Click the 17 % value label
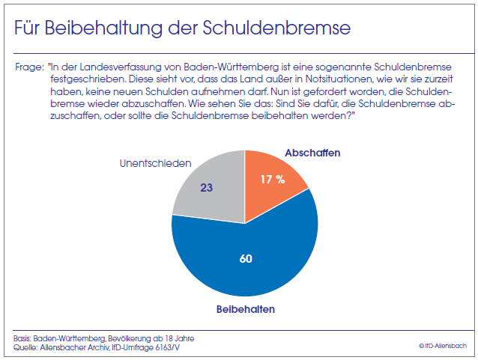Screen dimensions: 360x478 (272, 180)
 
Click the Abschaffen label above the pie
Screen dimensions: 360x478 (312, 153)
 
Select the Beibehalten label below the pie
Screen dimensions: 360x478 (245, 308)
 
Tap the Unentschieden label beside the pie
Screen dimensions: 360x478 (155, 162)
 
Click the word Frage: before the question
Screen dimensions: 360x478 (30, 67)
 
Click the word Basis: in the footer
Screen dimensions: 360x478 (25, 338)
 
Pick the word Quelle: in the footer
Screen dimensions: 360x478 (27, 347)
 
